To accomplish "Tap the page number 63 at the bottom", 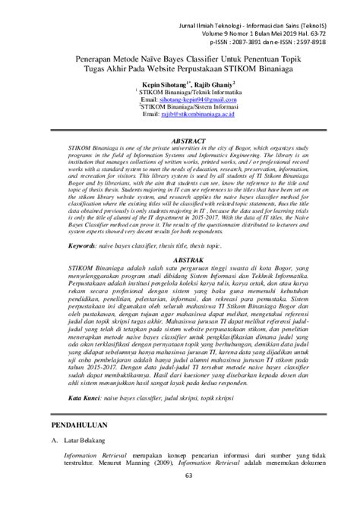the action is pyautogui.click(x=179, y=497).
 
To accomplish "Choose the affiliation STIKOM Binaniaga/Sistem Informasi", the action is pyautogui.click(x=189, y=108).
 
